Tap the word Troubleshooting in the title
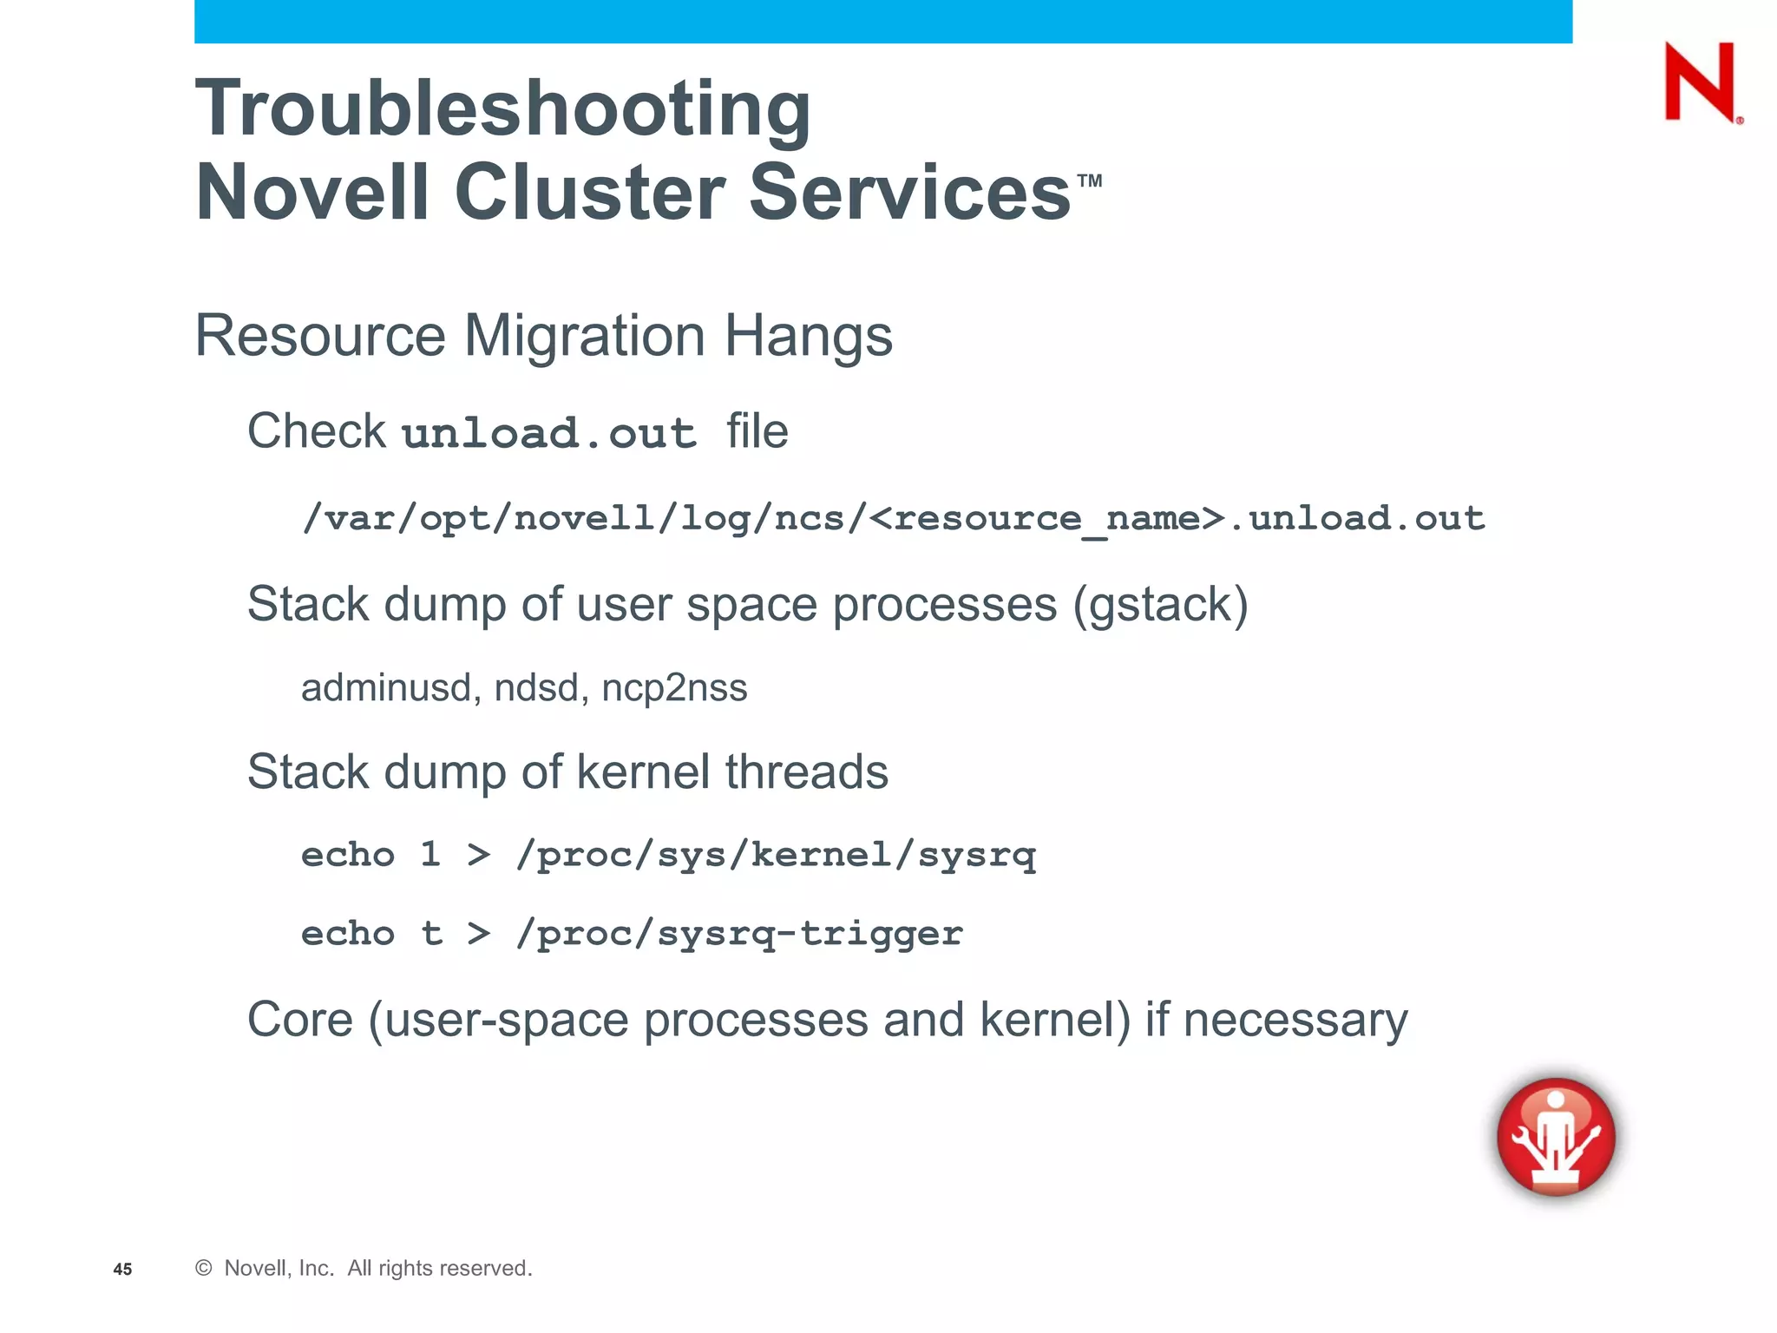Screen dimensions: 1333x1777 click(503, 109)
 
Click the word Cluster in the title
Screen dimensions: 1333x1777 click(589, 193)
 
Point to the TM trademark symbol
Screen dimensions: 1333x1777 click(1090, 181)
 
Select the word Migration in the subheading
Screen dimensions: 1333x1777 click(584, 336)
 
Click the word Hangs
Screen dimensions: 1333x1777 click(808, 338)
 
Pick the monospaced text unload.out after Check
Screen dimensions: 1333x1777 click(549, 433)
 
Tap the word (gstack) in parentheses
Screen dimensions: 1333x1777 click(1160, 605)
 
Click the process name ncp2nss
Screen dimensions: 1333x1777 click(674, 688)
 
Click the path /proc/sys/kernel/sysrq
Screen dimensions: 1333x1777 click(776, 856)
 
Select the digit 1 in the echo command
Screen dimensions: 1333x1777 click(430, 855)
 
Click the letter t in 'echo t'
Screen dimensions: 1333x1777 click(431, 934)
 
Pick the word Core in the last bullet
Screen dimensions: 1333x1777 click(300, 1020)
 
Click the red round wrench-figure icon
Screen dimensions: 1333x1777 click(1556, 1136)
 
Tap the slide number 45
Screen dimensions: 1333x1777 click(122, 1270)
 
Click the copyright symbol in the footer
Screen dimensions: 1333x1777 click(204, 1268)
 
